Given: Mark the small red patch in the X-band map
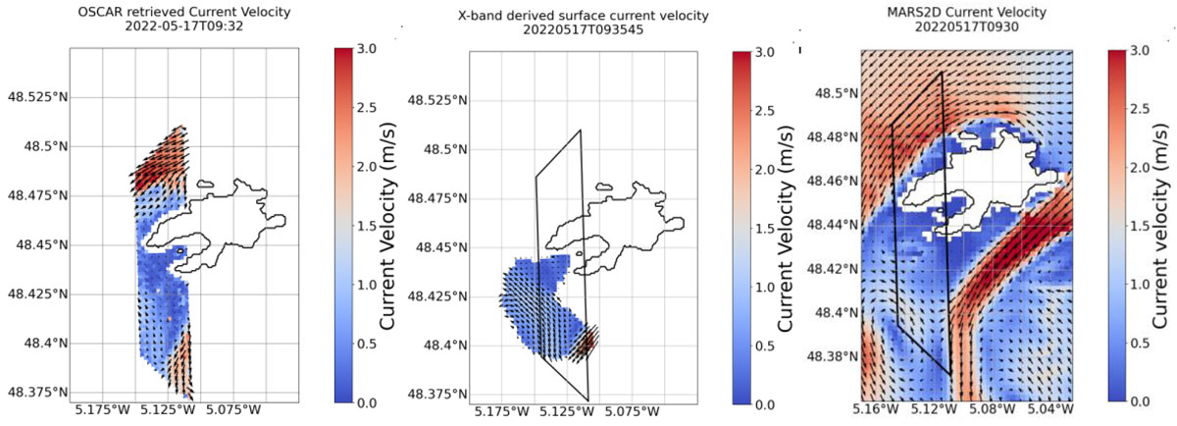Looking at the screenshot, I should [x=586, y=344].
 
